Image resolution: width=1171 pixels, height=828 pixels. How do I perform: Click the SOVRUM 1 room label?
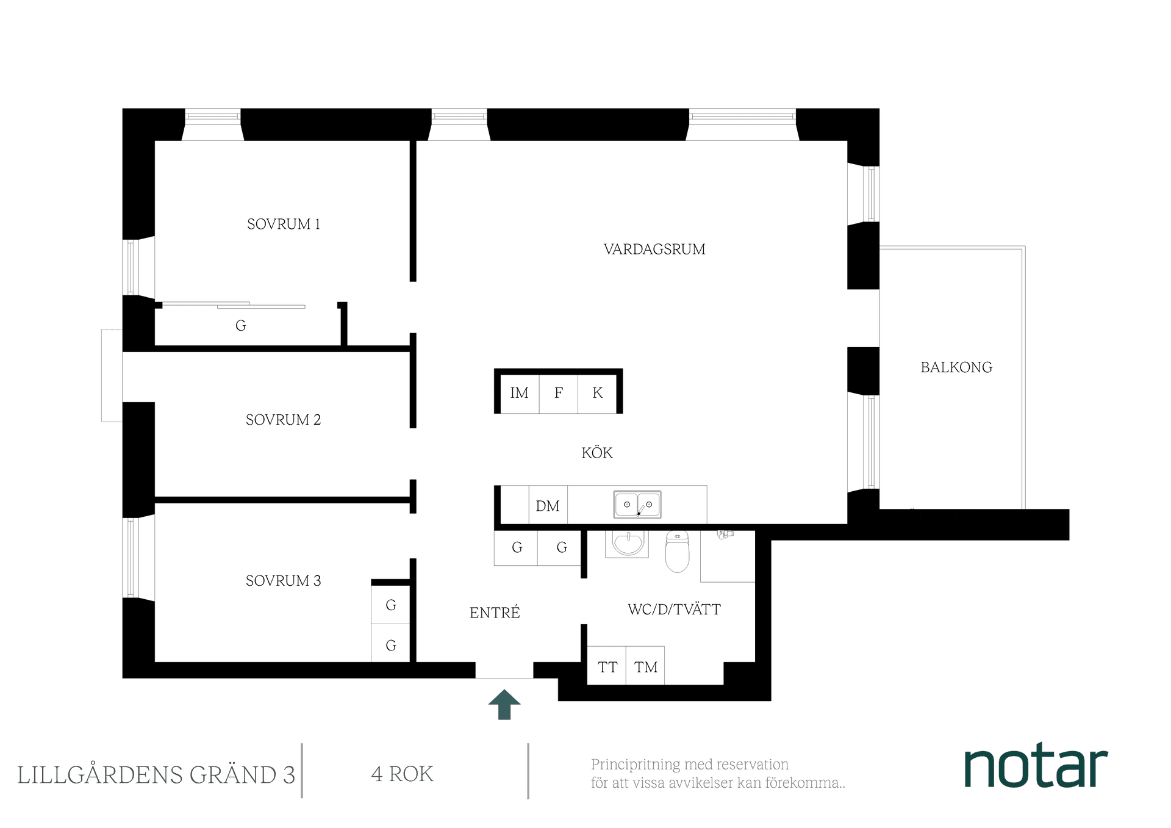(284, 225)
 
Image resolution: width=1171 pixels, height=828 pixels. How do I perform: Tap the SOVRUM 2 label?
(283, 420)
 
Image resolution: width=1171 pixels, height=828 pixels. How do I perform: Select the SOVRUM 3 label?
(283, 581)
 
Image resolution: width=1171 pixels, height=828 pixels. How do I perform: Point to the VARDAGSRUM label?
(654, 250)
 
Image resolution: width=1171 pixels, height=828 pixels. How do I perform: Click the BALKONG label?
(956, 367)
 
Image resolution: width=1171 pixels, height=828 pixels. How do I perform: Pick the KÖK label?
(597, 453)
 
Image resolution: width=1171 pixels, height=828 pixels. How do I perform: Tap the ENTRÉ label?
(495, 613)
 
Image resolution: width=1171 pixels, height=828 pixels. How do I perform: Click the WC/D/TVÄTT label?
(674, 610)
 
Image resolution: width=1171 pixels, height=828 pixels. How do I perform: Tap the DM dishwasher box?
(548, 506)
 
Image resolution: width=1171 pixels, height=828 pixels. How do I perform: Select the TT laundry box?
(607, 667)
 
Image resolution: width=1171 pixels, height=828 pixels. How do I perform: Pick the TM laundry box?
(645, 667)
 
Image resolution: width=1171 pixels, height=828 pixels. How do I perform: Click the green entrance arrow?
(504, 704)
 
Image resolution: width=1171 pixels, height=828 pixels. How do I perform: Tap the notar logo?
(1036, 766)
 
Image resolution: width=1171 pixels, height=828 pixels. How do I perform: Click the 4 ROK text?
(403, 774)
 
